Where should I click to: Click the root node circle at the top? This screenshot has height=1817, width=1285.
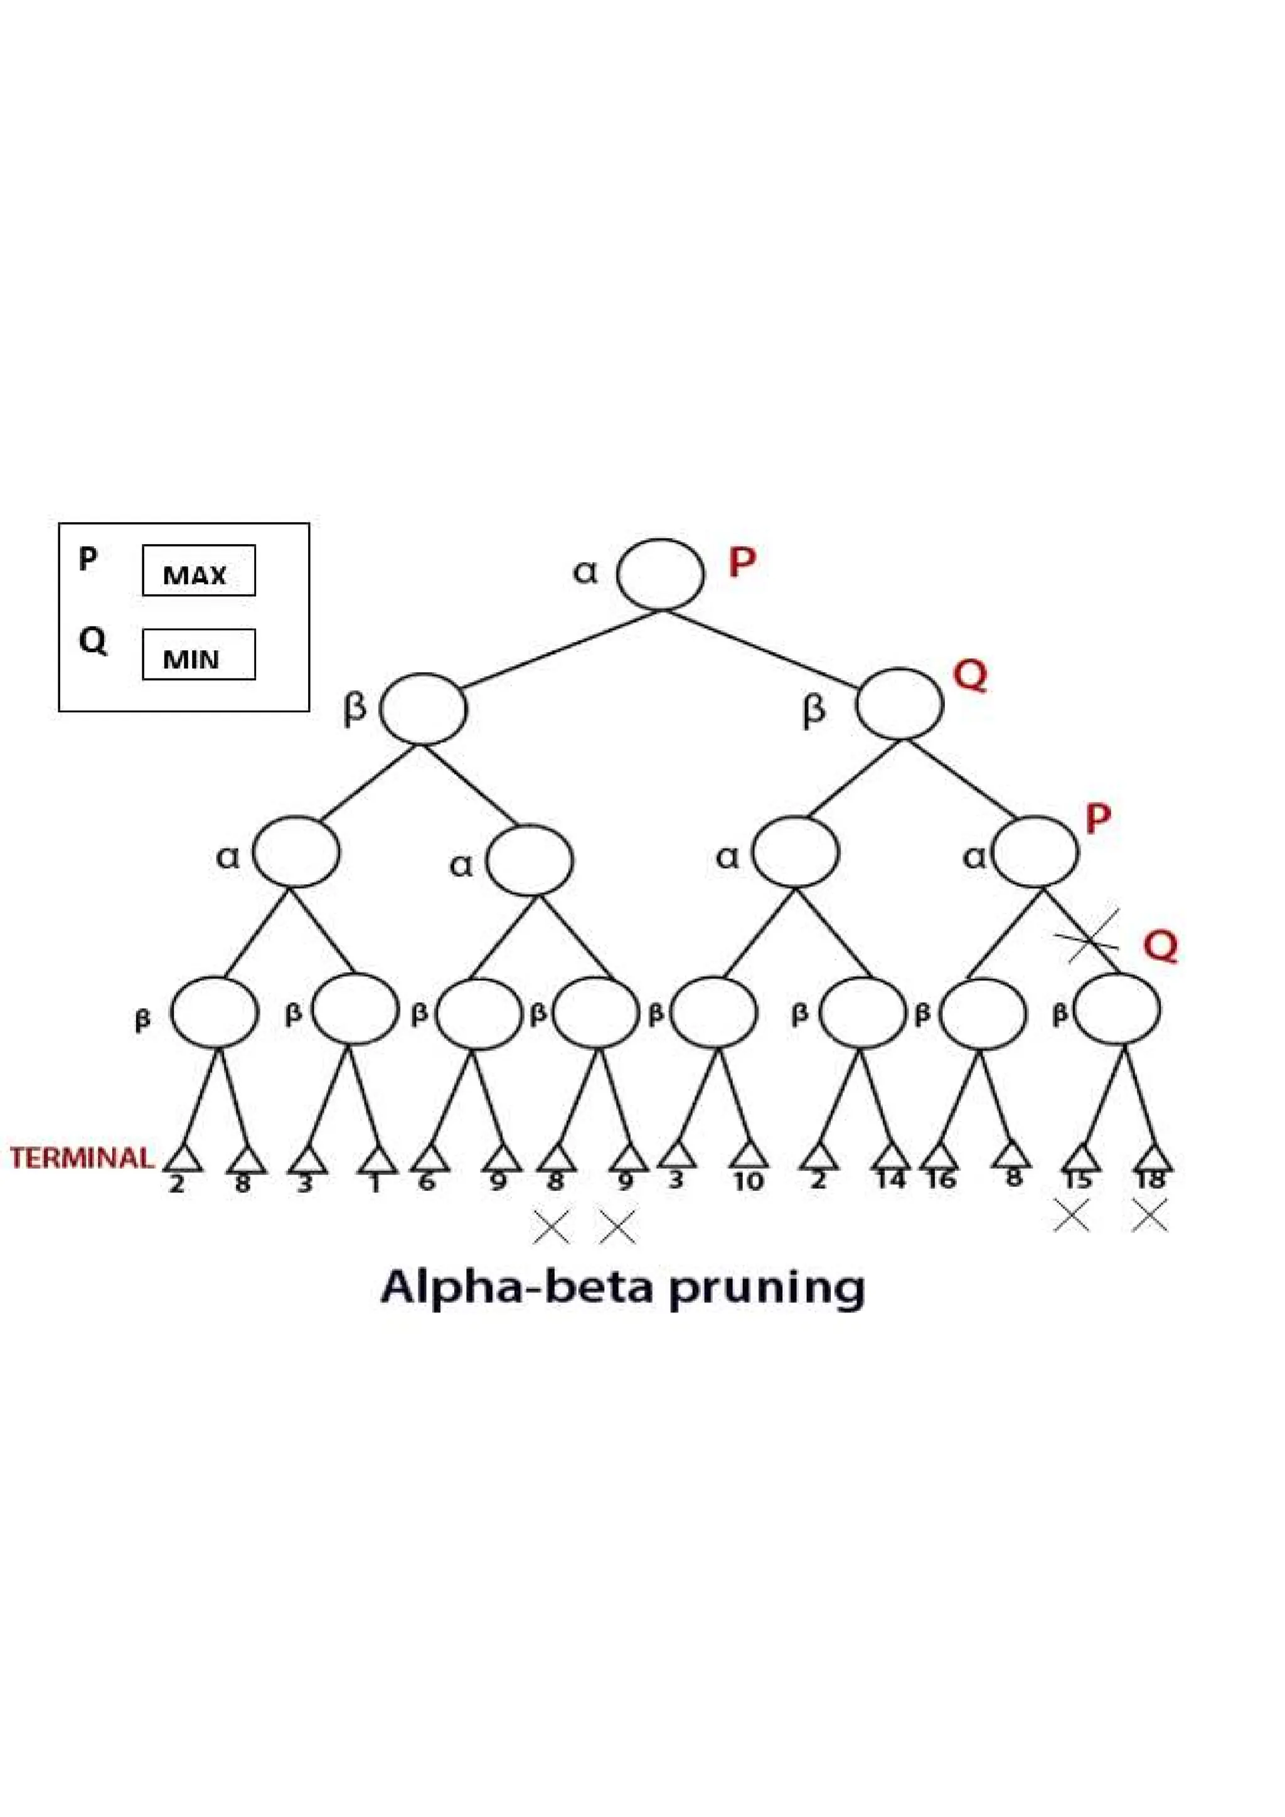click(659, 574)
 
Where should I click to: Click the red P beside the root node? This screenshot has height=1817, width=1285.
click(742, 562)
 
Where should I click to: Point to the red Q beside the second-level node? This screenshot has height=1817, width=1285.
click(970, 676)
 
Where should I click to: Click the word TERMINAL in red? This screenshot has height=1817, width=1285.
click(82, 1158)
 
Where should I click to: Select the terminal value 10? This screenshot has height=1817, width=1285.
click(748, 1181)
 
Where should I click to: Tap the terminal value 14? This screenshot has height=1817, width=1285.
click(891, 1180)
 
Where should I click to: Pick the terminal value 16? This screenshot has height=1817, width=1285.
click(941, 1180)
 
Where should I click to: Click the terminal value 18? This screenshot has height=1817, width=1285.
click(1149, 1180)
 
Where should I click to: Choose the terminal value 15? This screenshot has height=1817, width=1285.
click(1077, 1180)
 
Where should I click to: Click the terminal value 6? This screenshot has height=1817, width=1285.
click(427, 1181)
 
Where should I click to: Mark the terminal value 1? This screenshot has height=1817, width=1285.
click(375, 1183)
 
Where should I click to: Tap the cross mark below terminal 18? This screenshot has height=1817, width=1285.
click(1149, 1214)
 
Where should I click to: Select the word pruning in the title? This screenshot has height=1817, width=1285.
click(765, 1290)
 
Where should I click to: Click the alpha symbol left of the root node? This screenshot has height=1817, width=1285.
click(585, 571)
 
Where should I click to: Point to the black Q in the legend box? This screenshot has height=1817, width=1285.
click(92, 640)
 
